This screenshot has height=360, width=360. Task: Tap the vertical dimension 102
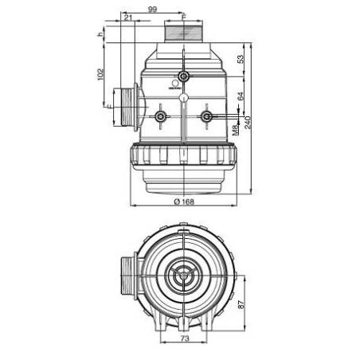click(101, 73)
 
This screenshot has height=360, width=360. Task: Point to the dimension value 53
click(240, 59)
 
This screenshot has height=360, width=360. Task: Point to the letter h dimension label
click(101, 35)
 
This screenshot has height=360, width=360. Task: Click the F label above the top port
click(184, 15)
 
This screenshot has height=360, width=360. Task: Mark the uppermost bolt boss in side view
click(184, 76)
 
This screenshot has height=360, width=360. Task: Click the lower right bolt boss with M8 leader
click(207, 117)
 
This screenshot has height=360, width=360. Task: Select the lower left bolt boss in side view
click(161, 117)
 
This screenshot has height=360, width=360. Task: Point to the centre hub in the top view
click(184, 280)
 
